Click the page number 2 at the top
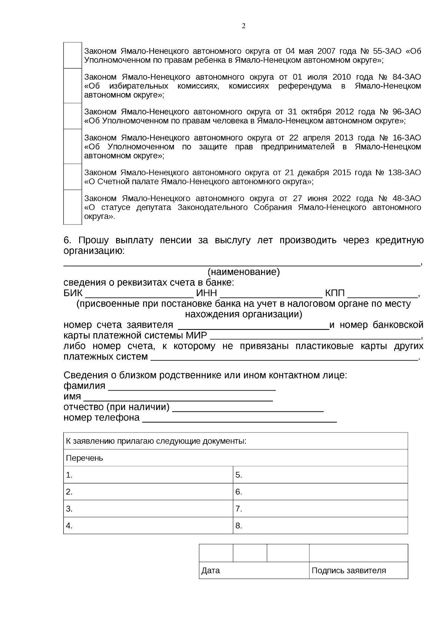click(x=243, y=26)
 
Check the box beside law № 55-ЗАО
click(x=72, y=56)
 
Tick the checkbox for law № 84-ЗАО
click(x=72, y=86)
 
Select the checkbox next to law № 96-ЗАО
click(x=72, y=116)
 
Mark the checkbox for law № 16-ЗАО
click(x=72, y=147)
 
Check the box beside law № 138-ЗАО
click(x=72, y=177)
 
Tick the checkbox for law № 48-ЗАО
click(x=72, y=207)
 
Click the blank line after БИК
click(x=139, y=295)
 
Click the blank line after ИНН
click(x=271, y=295)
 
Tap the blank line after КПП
click(x=382, y=295)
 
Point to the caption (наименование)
click(x=243, y=272)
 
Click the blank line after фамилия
click(x=191, y=388)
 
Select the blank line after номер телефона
click(x=240, y=420)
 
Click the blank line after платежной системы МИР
click(x=315, y=337)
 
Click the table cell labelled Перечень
click(x=235, y=458)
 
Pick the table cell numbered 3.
click(x=148, y=509)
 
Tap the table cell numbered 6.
click(x=320, y=492)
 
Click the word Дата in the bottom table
click(x=211, y=571)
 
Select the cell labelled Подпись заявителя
click(x=349, y=571)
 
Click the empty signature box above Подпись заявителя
click(x=358, y=553)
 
